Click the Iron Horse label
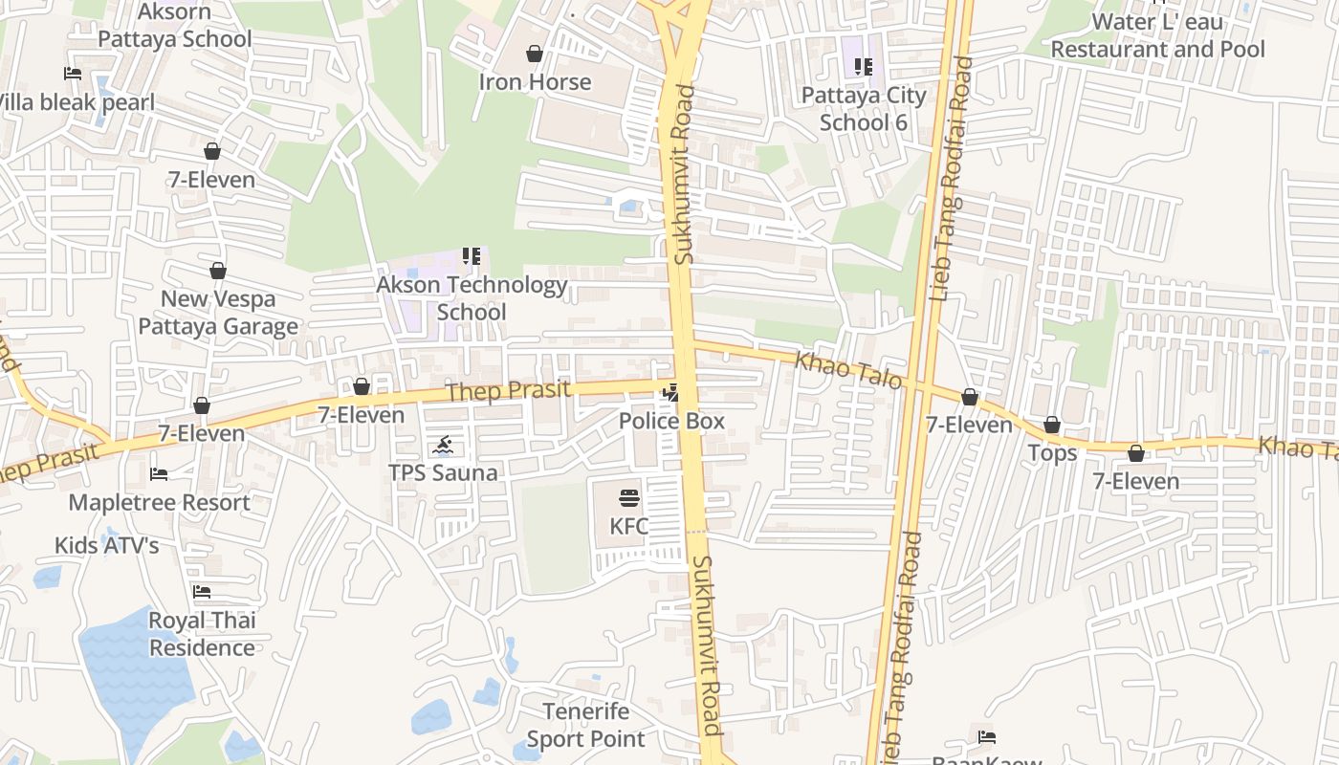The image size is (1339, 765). click(535, 82)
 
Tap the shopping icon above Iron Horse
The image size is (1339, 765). click(535, 54)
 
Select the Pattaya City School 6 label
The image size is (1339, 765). click(864, 109)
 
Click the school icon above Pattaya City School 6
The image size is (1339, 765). click(864, 67)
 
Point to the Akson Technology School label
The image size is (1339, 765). click(472, 298)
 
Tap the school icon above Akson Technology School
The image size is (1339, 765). click(472, 256)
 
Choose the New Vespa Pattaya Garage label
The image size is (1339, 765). click(218, 313)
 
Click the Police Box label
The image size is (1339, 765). click(671, 421)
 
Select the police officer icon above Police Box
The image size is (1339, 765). click(671, 392)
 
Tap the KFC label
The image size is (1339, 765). click(628, 526)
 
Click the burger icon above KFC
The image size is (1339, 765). click(628, 497)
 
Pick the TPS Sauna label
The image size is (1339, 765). click(443, 473)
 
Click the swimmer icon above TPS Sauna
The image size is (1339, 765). click(443, 445)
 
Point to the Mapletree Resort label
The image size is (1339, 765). click(159, 502)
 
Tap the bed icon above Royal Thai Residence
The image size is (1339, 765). click(202, 592)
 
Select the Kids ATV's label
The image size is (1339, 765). click(106, 546)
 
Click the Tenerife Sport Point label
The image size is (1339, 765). click(586, 725)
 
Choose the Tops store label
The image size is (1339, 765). click(1052, 453)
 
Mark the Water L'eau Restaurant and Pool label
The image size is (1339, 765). click(1157, 35)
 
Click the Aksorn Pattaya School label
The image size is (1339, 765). click(175, 26)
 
